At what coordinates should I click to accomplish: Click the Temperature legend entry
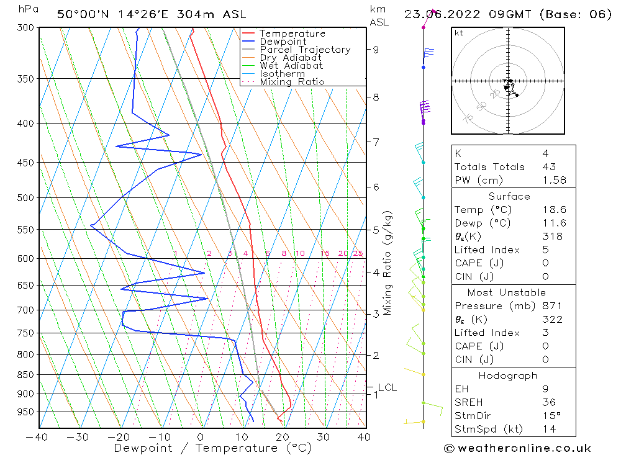pyautogui.click(x=292, y=34)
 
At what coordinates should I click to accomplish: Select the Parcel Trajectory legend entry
pyautogui.click(x=305, y=50)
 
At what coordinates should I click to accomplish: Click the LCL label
pyautogui.click(x=387, y=388)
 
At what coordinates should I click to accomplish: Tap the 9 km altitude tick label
pyautogui.click(x=376, y=50)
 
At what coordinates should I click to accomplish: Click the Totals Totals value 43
pyautogui.click(x=549, y=166)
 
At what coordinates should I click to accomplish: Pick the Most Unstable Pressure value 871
pyautogui.click(x=552, y=305)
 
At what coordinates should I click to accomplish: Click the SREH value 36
pyautogui.click(x=549, y=402)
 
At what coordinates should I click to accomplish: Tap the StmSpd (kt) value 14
pyautogui.click(x=549, y=429)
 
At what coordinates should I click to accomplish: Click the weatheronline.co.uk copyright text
pyautogui.click(x=517, y=448)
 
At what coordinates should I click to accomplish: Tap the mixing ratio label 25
pyautogui.click(x=358, y=253)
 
